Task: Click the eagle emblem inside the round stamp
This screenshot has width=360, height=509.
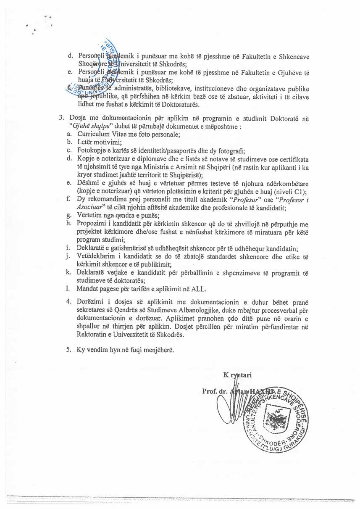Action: tap(276, 420)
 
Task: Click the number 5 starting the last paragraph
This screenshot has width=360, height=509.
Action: tap(68, 350)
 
